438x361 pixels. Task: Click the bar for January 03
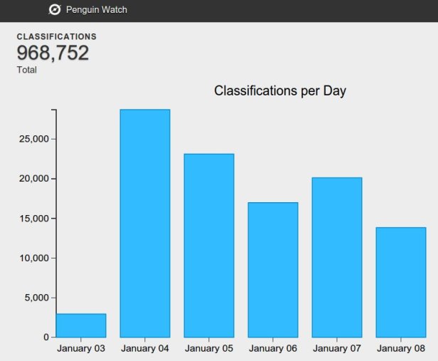point(81,325)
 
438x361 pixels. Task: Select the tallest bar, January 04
point(145,223)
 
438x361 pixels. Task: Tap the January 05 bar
point(209,246)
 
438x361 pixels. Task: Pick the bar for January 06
point(273,270)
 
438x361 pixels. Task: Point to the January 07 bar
point(337,257)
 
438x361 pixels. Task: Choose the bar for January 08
point(401,282)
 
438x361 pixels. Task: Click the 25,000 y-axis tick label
point(33,139)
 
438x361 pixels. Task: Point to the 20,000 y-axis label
point(33,179)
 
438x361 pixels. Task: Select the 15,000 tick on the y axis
point(33,219)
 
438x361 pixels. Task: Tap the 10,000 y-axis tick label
point(33,258)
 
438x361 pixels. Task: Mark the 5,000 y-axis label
point(36,298)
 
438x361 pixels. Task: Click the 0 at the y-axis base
point(45,338)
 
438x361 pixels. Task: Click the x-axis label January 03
point(81,349)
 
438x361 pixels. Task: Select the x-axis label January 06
point(273,349)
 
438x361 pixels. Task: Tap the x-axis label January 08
point(401,349)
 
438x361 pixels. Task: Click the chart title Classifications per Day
point(280,91)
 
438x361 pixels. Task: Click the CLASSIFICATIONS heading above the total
point(56,36)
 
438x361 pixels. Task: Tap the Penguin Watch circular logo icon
point(55,10)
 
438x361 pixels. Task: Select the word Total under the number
point(26,70)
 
